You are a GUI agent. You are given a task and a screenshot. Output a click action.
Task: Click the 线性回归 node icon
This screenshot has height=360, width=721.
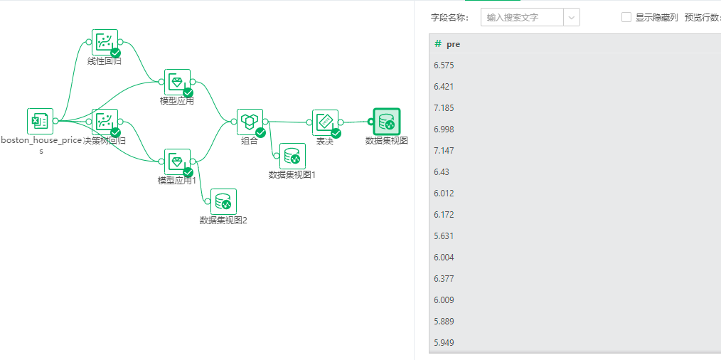105,42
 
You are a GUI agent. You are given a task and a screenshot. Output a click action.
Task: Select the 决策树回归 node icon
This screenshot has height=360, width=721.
105,122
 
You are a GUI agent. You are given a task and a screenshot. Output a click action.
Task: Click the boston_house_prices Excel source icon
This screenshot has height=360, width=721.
40,122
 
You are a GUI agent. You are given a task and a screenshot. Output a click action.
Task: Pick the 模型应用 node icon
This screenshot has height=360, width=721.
177,83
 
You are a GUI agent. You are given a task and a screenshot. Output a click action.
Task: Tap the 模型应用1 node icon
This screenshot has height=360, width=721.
177,162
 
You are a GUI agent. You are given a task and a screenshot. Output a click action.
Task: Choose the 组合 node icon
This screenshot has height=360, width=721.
250,122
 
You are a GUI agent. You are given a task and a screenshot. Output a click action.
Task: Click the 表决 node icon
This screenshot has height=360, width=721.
325,122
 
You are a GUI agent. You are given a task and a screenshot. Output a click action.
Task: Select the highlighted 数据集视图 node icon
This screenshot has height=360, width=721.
386,122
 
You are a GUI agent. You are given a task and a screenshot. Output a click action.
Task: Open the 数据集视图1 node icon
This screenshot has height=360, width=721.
292,157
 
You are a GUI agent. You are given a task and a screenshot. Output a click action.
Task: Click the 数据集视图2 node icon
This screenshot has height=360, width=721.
223,202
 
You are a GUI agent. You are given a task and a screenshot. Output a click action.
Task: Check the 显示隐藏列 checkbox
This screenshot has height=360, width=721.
626,17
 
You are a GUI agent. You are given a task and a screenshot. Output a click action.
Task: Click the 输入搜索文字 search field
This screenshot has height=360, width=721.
523,17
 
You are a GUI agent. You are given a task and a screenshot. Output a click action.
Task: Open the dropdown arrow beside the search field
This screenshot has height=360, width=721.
572,17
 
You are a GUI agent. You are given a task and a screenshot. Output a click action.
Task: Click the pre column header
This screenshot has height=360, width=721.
453,44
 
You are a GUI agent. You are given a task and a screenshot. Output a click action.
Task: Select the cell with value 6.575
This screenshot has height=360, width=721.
444,65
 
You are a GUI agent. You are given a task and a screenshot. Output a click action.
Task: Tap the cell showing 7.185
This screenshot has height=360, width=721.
444,108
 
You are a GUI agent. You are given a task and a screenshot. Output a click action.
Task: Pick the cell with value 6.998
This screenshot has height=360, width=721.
444,129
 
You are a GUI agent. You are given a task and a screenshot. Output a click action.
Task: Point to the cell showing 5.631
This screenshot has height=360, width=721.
444,236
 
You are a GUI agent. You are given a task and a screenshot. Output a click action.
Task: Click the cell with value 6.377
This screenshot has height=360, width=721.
444,279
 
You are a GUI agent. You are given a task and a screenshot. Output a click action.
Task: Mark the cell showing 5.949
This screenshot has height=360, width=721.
444,343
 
